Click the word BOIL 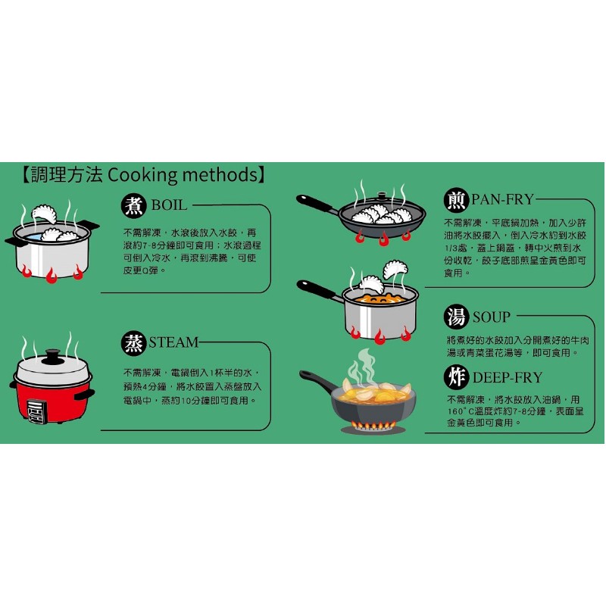169,205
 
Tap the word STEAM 173,342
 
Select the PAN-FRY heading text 502,199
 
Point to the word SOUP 491,317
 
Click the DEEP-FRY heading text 508,377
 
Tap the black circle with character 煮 134,205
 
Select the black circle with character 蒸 134,343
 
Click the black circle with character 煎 456,200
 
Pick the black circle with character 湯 456,317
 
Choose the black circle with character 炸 456,376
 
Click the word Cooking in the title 142,175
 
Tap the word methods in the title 220,175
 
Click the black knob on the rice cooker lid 52,356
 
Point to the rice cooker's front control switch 36,411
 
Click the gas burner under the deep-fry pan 373,427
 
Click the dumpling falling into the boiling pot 44,214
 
